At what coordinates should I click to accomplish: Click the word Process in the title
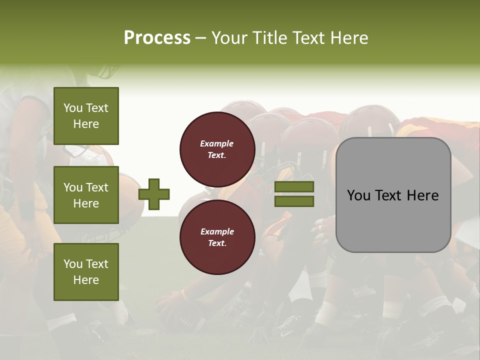[157, 38]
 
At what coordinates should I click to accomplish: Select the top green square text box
[86, 116]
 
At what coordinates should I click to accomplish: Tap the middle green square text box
[86, 195]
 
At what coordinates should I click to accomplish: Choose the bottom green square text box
[86, 272]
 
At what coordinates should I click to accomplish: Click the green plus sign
[154, 194]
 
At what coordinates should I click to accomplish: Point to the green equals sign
[294, 194]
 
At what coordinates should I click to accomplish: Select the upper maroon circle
[217, 149]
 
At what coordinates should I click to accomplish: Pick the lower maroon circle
[217, 237]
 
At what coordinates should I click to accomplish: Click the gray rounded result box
[393, 195]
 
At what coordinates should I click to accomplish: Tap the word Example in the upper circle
[217, 143]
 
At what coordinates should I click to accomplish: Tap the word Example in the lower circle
[217, 231]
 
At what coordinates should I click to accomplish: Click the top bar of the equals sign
[294, 187]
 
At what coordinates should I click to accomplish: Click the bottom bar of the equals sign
[294, 201]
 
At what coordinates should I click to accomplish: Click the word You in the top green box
[73, 108]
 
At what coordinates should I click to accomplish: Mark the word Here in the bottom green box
[86, 280]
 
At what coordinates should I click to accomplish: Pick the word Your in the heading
[229, 38]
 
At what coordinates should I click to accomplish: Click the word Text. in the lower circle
[217, 243]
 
